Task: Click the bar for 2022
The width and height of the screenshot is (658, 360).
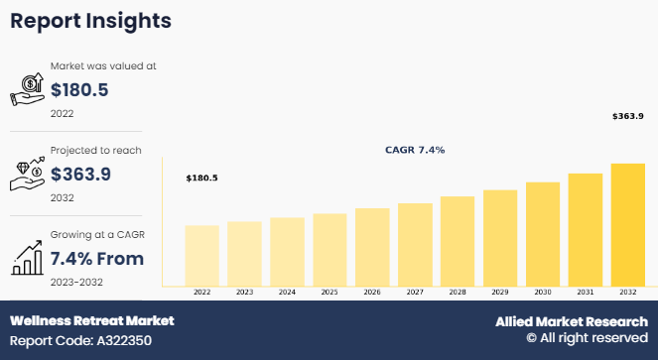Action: click(x=201, y=256)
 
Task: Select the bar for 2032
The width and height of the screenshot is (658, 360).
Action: click(x=628, y=225)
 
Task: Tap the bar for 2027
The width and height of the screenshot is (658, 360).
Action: click(x=415, y=245)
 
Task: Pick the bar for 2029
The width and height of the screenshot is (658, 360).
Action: click(x=500, y=238)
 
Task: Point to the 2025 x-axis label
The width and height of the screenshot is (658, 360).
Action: click(x=329, y=292)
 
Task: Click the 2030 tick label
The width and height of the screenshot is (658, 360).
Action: click(x=543, y=292)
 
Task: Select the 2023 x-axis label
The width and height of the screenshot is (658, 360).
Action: click(x=245, y=292)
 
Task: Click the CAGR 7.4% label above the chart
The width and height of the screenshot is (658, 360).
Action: click(x=415, y=150)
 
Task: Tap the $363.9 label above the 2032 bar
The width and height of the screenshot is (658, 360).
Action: click(x=628, y=116)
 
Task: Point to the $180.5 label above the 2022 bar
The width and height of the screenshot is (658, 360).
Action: click(x=201, y=178)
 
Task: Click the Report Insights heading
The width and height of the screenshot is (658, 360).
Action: click(x=90, y=21)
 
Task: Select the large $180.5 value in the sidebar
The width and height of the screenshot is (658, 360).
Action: click(x=79, y=90)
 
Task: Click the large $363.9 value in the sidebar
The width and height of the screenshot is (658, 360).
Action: click(x=80, y=175)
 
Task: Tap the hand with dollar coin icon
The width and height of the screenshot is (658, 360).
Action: click(x=27, y=89)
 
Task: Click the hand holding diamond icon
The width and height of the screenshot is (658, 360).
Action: click(x=27, y=174)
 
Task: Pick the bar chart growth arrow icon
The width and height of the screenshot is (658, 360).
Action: click(x=27, y=258)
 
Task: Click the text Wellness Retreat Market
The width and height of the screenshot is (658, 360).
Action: click(x=92, y=321)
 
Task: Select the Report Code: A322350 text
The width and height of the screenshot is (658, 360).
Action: click(x=80, y=341)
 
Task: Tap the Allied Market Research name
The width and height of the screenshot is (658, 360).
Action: click(x=572, y=321)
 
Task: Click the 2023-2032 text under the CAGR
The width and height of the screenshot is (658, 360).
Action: click(x=76, y=282)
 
